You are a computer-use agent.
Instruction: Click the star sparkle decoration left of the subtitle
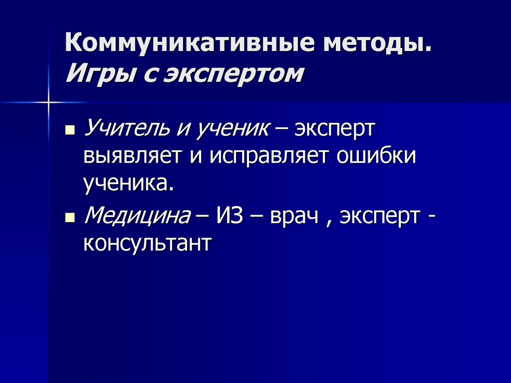click(x=49, y=103)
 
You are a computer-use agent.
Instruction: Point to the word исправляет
click(x=264, y=157)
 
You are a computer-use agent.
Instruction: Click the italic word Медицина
click(x=138, y=216)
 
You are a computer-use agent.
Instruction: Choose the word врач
click(x=294, y=216)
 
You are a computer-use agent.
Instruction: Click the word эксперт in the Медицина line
click(x=379, y=216)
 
